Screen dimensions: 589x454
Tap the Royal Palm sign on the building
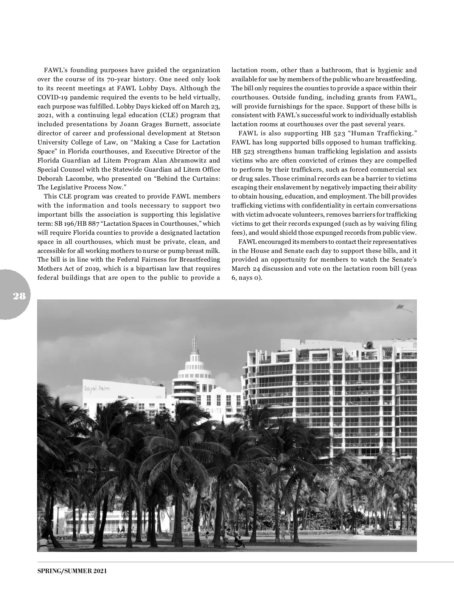point(96,389)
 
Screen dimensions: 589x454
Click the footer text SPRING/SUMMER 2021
point(72,571)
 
